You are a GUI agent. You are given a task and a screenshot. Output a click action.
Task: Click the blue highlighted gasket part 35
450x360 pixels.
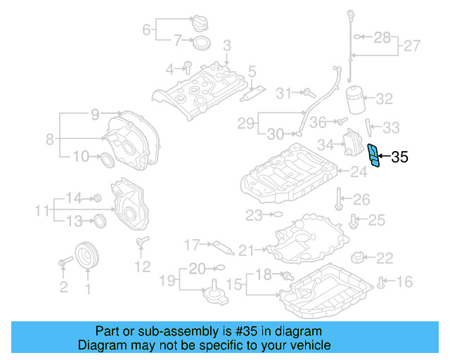(x=375, y=155)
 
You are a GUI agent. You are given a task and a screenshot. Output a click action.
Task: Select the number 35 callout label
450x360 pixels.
(x=399, y=157)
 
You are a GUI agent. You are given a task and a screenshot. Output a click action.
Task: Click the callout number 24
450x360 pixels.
(x=359, y=171)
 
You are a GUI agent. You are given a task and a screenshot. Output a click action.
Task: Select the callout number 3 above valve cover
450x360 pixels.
(x=226, y=46)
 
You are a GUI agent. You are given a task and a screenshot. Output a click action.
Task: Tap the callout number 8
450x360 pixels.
(x=50, y=139)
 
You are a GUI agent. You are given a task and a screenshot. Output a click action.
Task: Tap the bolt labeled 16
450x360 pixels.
(x=381, y=283)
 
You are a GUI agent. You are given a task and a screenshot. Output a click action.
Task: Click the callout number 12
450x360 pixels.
(x=142, y=266)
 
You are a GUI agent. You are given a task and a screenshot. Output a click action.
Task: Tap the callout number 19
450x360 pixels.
(x=166, y=282)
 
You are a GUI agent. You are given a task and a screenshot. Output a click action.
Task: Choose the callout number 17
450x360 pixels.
(x=192, y=245)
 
